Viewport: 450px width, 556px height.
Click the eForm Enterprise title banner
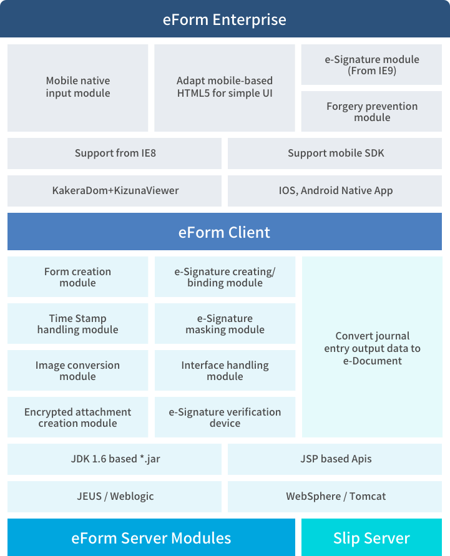225,19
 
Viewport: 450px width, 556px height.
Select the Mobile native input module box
77,88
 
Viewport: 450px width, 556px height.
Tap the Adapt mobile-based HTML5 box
225,88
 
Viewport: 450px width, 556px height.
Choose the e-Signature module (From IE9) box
371,64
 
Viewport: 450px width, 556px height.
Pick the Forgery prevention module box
371,111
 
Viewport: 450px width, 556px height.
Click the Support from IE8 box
115,154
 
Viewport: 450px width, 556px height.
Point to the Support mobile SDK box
335,154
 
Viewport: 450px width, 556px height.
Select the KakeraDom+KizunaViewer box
115,191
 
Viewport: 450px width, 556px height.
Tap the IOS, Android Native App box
335,191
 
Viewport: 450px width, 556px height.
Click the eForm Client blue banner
225,232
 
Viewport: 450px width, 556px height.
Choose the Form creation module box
77,276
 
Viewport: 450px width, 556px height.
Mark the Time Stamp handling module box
77,323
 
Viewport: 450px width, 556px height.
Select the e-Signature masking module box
225,323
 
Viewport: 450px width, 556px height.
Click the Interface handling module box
225,370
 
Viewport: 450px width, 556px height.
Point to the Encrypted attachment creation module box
77,417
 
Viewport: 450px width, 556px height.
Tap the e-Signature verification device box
225,417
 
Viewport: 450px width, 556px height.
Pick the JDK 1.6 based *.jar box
115,459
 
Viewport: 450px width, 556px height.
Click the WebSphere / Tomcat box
335,497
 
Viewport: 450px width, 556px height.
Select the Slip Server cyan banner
371,537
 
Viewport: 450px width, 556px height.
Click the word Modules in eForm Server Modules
201,539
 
